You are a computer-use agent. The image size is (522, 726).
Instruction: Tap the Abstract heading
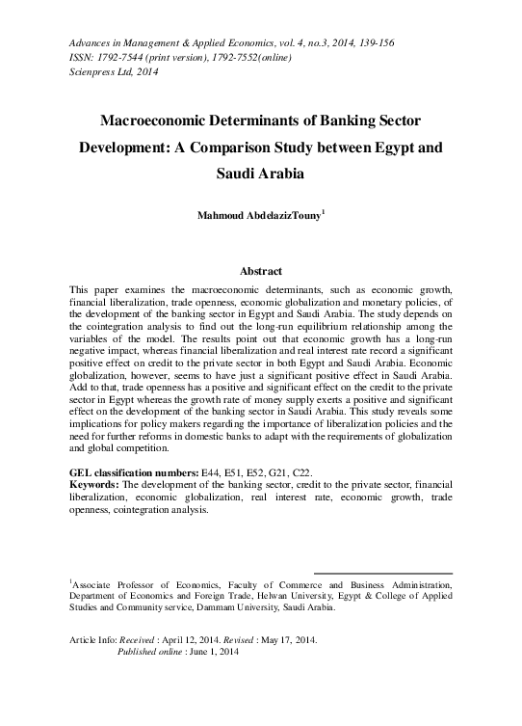point(260,271)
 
